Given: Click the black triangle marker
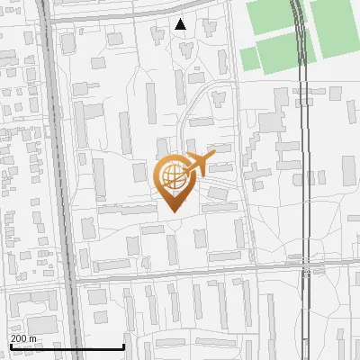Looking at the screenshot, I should pyautogui.click(x=180, y=24).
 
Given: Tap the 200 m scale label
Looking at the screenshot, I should pyautogui.click(x=23, y=338).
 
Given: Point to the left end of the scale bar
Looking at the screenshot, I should pyautogui.click(x=10, y=347).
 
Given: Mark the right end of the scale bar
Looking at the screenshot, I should pyautogui.click(x=123, y=347).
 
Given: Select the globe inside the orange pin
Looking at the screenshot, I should pyautogui.click(x=171, y=175).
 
